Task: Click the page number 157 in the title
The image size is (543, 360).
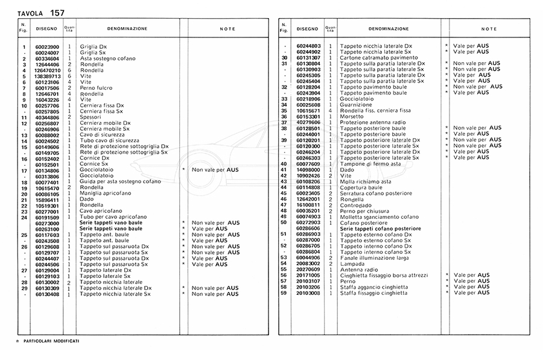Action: tap(58, 13)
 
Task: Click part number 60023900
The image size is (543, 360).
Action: tap(47, 46)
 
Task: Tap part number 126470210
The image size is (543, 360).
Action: tap(47, 70)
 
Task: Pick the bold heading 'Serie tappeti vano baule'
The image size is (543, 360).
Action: tap(112, 223)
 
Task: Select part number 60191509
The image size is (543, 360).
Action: tap(47, 217)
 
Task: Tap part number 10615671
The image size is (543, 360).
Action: tap(308, 111)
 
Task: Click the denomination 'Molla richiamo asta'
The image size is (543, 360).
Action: tap(365, 182)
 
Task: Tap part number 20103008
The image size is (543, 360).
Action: tap(308, 293)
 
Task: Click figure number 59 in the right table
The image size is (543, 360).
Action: tap(283, 293)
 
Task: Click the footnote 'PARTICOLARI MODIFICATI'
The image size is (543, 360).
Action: tap(51, 341)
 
